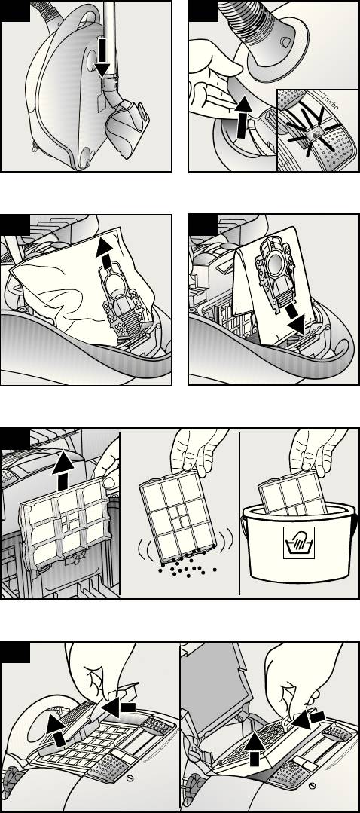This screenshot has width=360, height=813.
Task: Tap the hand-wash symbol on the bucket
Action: [x=300, y=543]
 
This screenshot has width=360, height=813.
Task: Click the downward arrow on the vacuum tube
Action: [x=103, y=57]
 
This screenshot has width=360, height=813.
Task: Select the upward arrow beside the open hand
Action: [x=243, y=117]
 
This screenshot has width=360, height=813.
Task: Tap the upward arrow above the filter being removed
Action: [x=63, y=469]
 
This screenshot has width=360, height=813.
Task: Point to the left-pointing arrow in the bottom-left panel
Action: [x=118, y=707]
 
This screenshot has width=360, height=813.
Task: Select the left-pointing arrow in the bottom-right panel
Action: [x=309, y=720]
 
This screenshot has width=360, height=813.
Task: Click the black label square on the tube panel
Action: [x=14, y=11]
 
